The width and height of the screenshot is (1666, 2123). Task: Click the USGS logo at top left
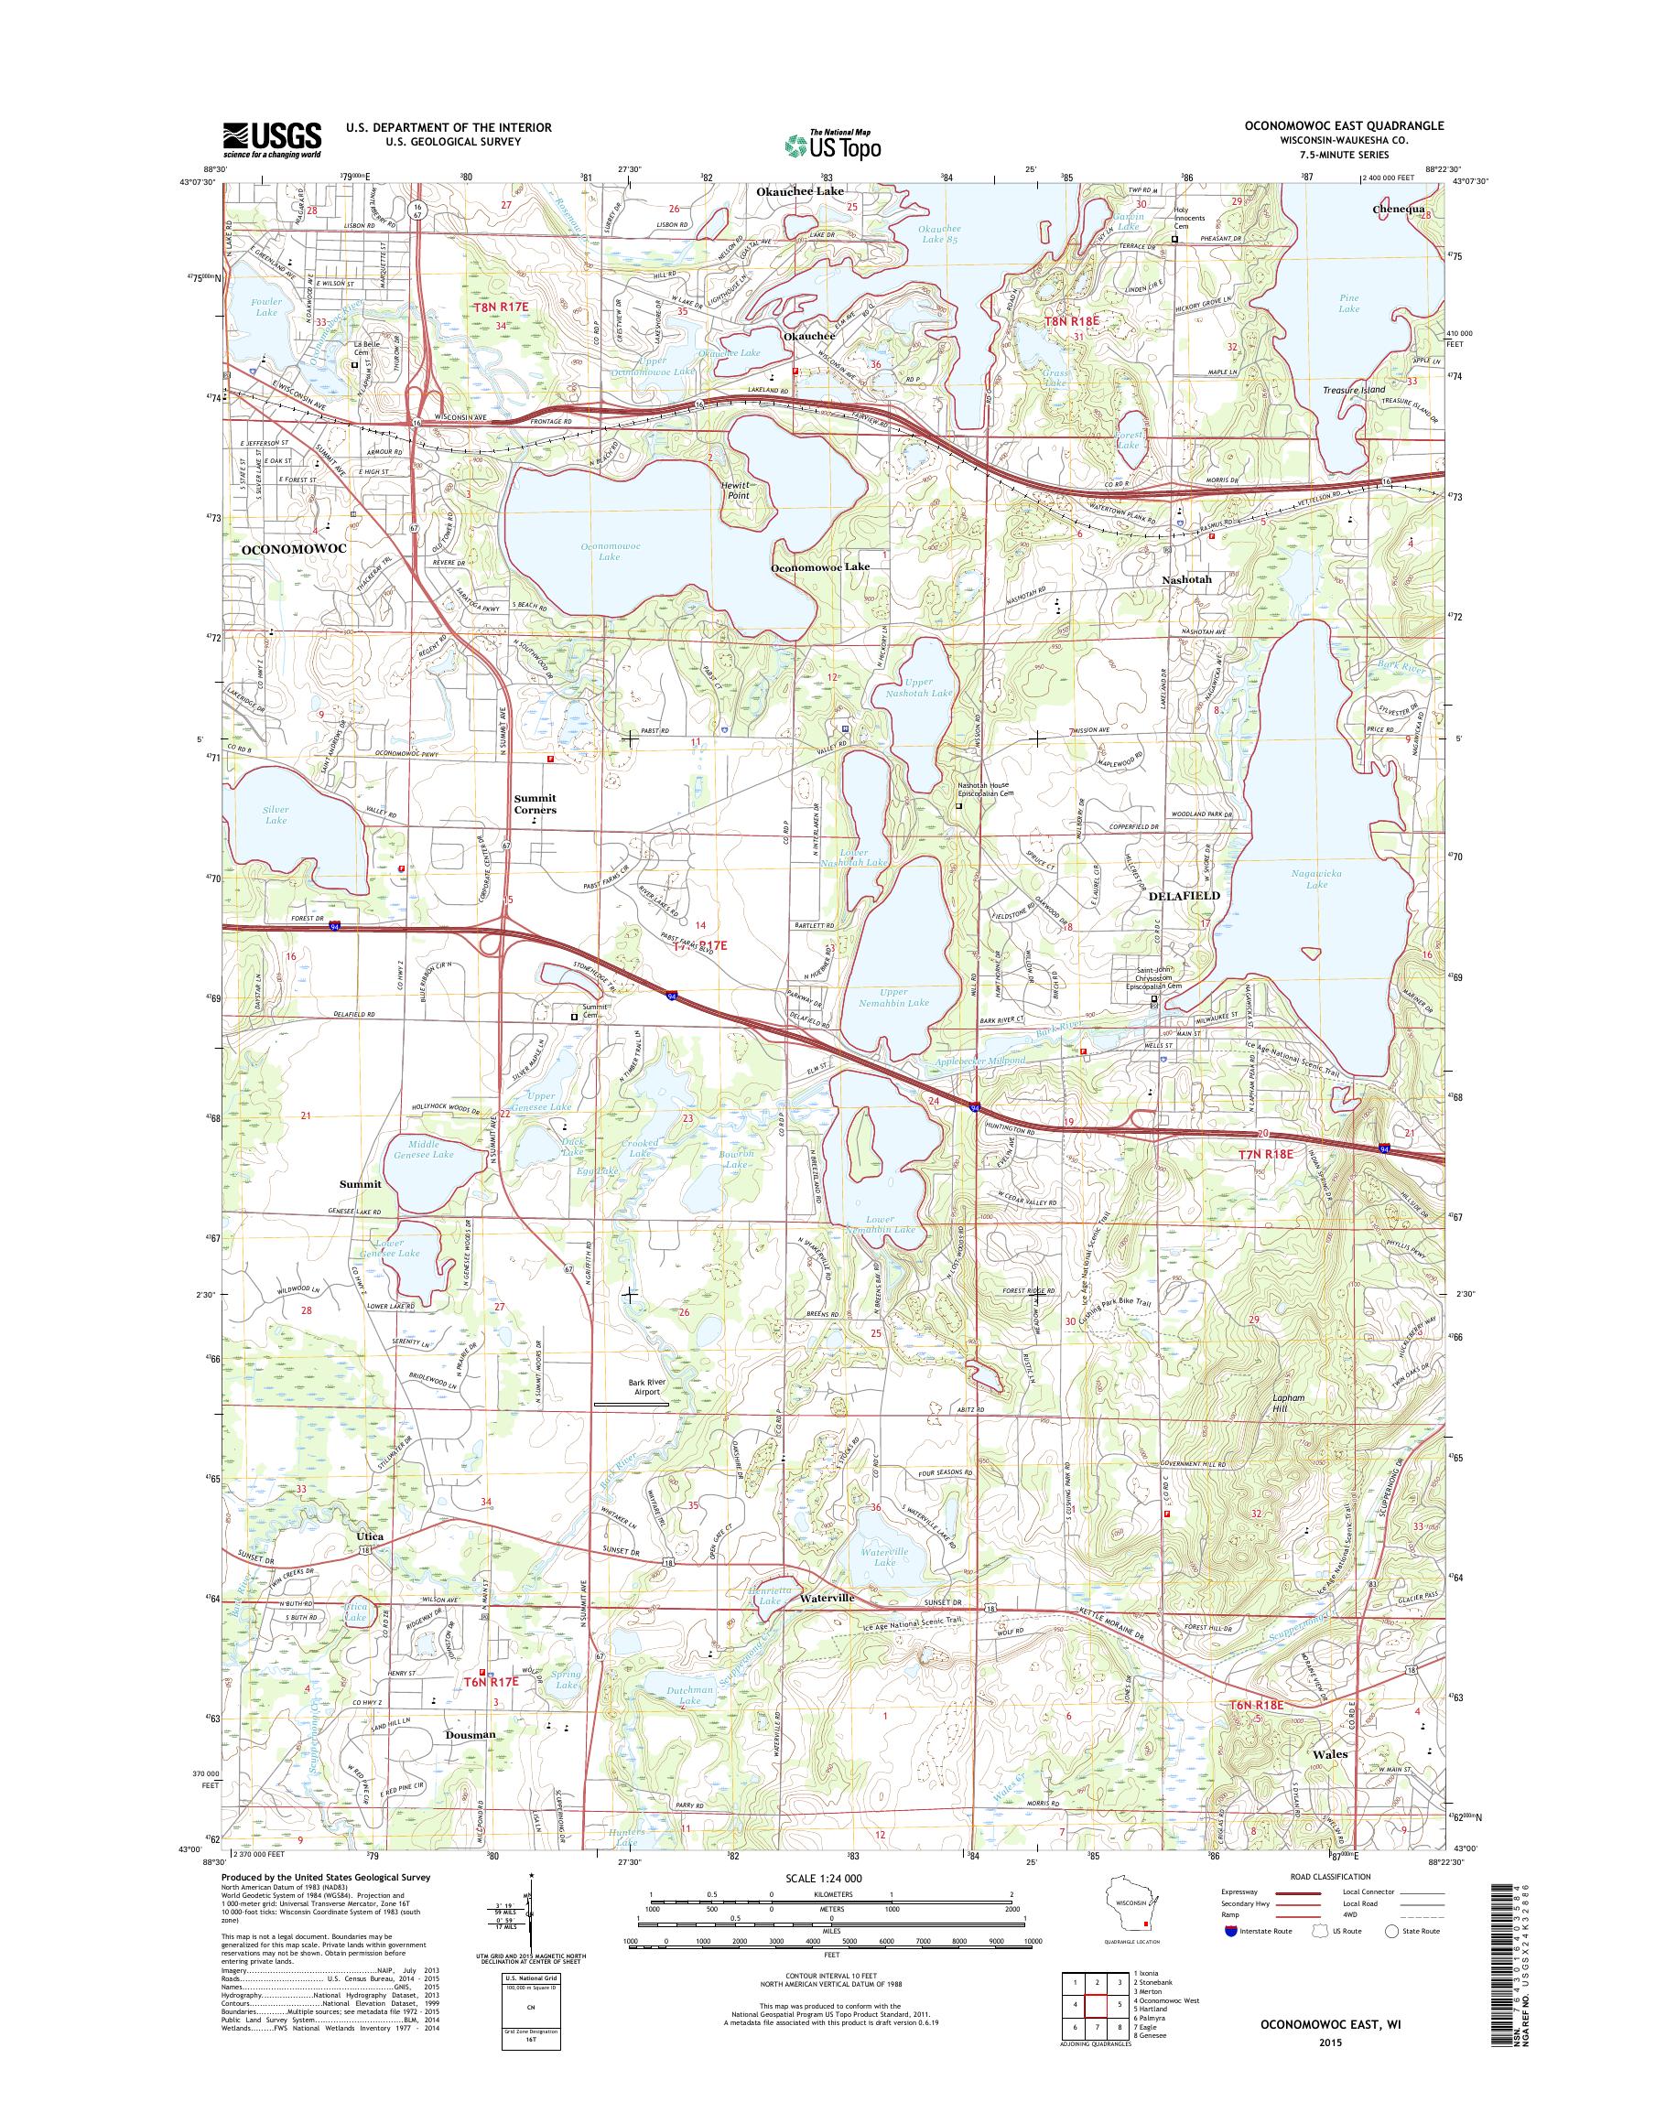[272, 139]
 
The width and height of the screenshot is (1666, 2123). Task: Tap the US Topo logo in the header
[833, 145]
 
